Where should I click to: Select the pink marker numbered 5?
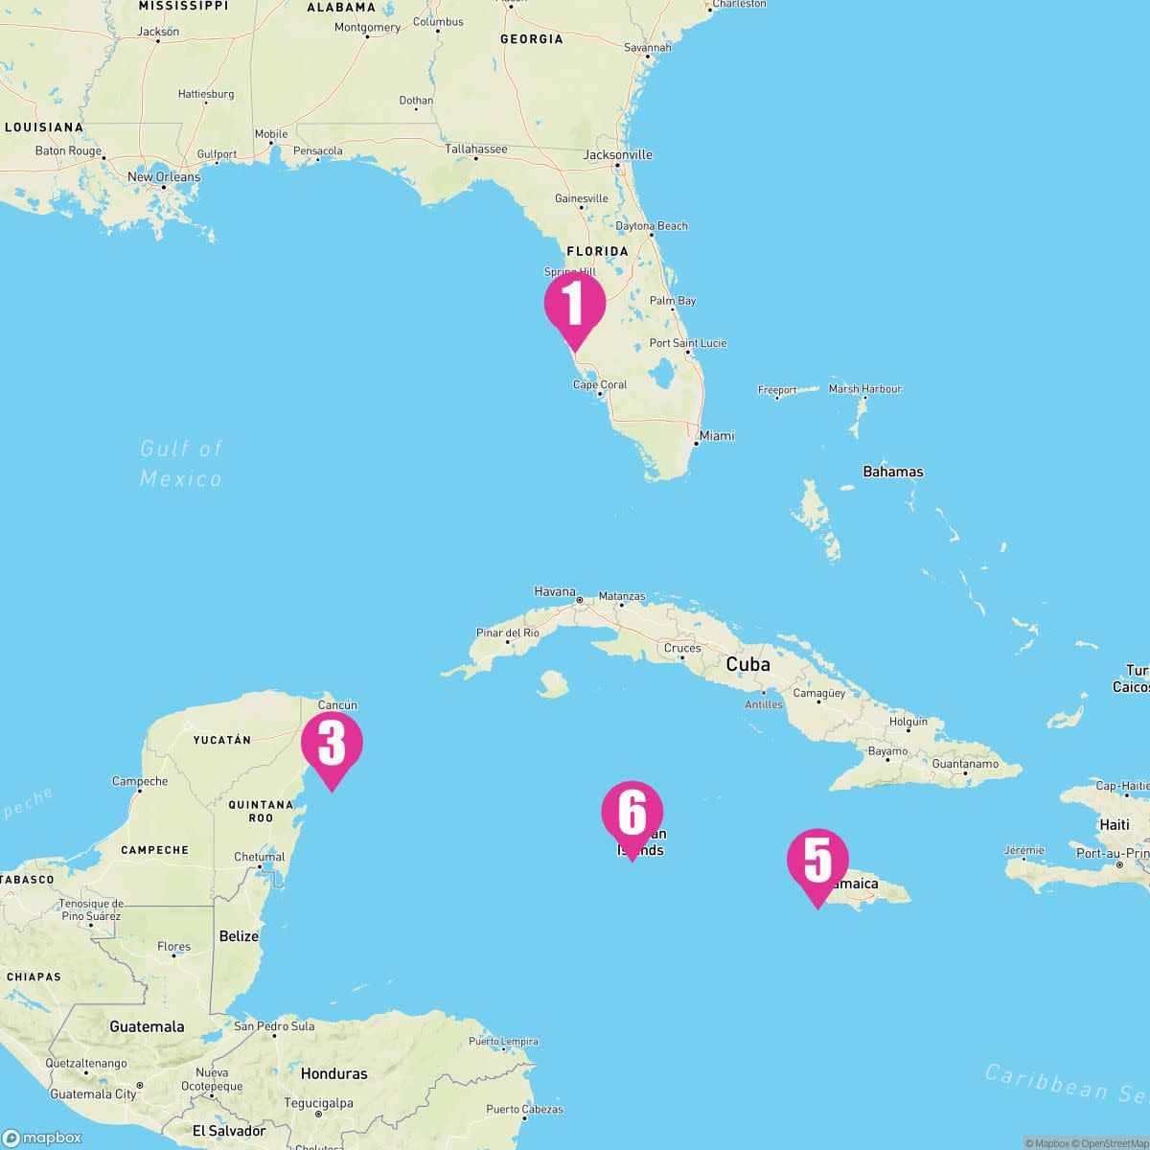817,861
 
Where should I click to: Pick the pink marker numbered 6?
632,814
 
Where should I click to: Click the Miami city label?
716,436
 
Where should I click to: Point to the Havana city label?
555,591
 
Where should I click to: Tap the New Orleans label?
164,176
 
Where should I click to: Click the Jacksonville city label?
618,154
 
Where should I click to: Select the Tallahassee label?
476,149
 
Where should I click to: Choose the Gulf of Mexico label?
181,463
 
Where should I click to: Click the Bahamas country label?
893,471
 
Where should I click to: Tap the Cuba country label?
747,664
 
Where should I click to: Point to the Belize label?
239,936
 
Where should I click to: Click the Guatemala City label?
93,1093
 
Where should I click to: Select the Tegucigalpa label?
317,1103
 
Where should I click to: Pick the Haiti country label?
1115,824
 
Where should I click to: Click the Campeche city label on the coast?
140,781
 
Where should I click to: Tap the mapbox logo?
42,1138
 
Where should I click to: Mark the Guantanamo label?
965,764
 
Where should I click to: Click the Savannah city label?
648,47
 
